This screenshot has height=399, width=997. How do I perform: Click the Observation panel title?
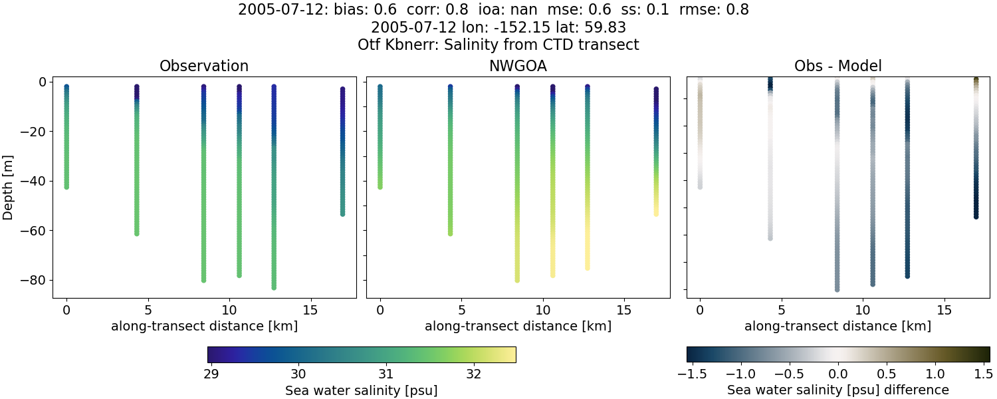pos(204,66)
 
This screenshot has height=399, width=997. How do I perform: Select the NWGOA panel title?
pos(518,66)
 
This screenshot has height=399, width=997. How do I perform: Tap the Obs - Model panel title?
pos(838,66)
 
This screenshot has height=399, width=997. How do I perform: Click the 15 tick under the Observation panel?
pos(310,310)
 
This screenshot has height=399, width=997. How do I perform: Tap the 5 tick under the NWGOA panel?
pos(461,310)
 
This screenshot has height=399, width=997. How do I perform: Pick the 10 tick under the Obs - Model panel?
pos(863,310)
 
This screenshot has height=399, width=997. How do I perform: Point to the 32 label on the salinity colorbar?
pos(473,373)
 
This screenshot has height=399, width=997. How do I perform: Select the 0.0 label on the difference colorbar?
pos(838,373)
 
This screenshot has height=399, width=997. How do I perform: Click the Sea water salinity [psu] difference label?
pos(838,390)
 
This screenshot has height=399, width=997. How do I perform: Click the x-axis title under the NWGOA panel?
pos(518,326)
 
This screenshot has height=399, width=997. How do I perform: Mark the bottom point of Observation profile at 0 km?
pos(66,187)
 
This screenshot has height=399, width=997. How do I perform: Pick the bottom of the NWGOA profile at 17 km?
pos(656,213)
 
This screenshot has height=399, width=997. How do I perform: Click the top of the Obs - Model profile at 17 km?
pos(976,80)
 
